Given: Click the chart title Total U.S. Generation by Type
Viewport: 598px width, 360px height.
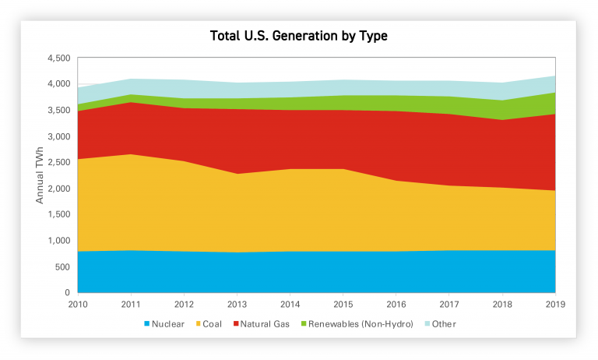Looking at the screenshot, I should click(x=299, y=36).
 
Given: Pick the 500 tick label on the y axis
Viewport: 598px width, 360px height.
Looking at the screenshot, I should click(x=63, y=266).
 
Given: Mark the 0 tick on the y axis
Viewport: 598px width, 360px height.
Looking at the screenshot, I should click(x=68, y=293).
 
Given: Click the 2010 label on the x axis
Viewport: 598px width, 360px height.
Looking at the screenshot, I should click(x=78, y=304).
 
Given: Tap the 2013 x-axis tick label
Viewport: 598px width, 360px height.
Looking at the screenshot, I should click(x=237, y=304).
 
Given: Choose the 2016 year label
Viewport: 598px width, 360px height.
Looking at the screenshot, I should click(x=396, y=304).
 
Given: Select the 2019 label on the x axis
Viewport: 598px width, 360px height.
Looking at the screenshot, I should click(x=555, y=304).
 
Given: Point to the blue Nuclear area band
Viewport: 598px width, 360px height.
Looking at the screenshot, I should click(x=311, y=273).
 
